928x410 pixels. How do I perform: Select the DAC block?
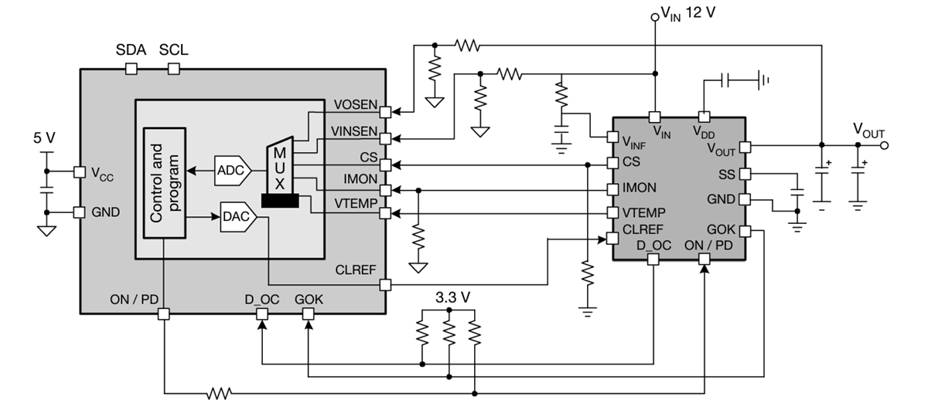coord(237,216)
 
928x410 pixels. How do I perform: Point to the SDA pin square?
coord(131,69)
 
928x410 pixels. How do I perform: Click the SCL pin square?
coord(173,69)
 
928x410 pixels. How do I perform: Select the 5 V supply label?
coord(45,139)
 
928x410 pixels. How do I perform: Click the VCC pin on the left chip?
coord(79,171)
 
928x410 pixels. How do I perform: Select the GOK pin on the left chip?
coord(308,313)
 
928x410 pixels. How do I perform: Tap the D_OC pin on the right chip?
coord(653,260)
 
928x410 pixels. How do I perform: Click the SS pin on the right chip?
coord(745,175)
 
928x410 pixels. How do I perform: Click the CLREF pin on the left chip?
coord(386,285)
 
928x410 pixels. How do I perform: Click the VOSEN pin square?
coord(386,112)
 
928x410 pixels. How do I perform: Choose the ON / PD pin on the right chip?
coord(704,260)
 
